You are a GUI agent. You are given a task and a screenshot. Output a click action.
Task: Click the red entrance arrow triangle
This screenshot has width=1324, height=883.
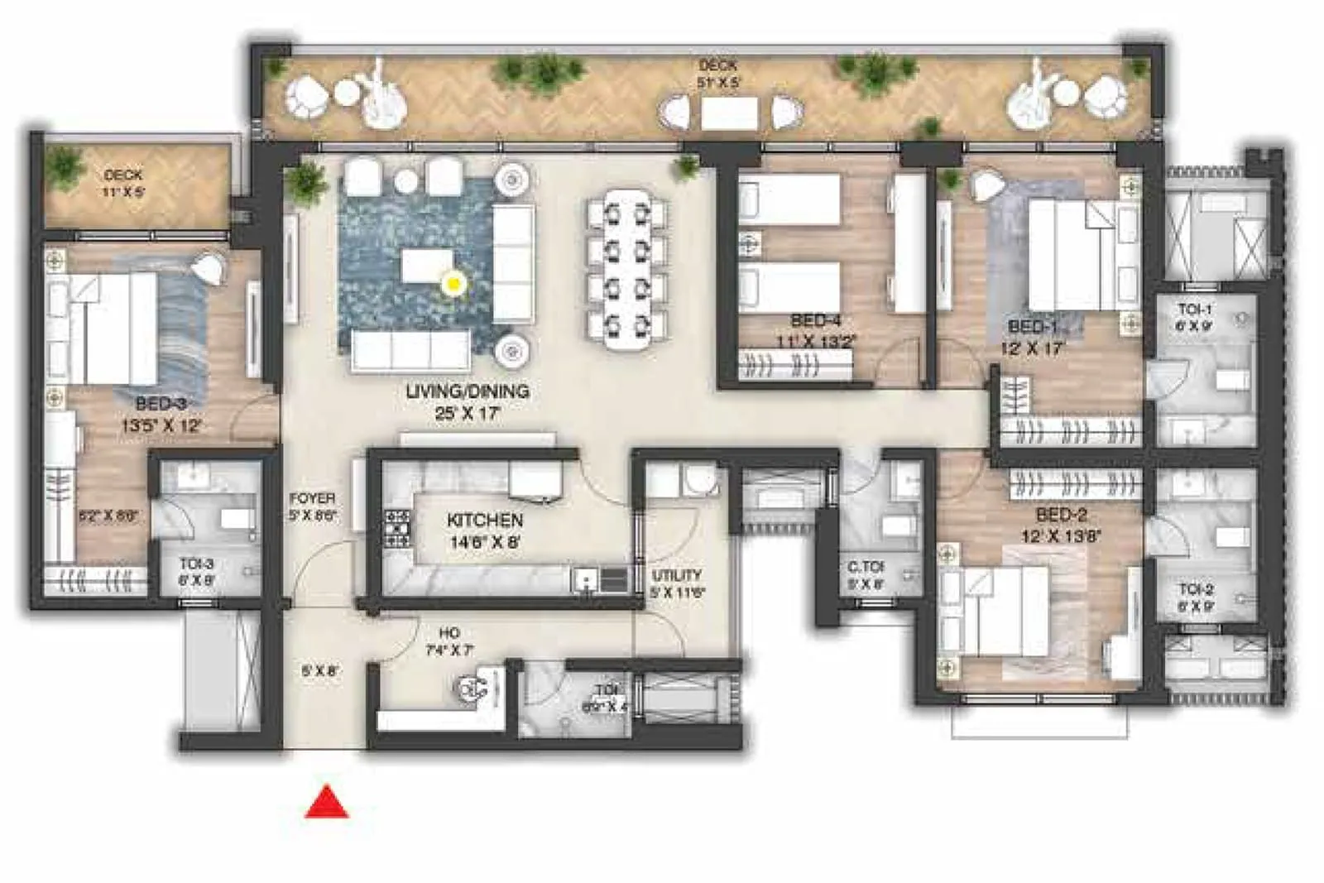(x=327, y=804)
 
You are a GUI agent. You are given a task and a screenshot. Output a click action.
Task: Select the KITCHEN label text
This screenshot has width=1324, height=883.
(x=485, y=521)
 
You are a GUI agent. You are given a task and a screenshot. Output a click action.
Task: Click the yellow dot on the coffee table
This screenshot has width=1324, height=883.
(x=453, y=284)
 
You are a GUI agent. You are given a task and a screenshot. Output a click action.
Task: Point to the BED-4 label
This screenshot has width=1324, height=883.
(x=815, y=320)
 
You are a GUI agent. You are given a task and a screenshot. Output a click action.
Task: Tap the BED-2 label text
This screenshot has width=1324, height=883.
(x=1061, y=515)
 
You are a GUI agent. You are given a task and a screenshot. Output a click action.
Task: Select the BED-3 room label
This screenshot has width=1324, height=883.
(x=161, y=404)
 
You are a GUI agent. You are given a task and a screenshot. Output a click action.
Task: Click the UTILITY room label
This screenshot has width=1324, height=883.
(x=677, y=575)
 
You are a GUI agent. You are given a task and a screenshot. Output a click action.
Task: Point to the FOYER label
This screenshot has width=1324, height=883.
(x=312, y=498)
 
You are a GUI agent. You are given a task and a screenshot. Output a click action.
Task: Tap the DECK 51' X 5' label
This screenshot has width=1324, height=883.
(x=717, y=73)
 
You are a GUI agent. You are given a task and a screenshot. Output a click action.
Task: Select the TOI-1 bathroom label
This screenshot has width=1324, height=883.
(x=1195, y=310)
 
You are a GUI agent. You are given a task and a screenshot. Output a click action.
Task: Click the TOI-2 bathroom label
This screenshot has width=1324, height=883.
(x=1196, y=589)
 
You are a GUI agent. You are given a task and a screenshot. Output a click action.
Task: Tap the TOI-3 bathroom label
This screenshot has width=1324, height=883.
(x=196, y=564)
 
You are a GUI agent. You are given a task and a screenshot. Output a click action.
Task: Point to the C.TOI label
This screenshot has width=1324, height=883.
(x=866, y=568)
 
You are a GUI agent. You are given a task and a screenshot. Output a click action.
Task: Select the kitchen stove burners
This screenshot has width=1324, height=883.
(x=397, y=528)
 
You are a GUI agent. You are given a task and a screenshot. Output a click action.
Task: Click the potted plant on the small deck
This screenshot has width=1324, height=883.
(x=65, y=168)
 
